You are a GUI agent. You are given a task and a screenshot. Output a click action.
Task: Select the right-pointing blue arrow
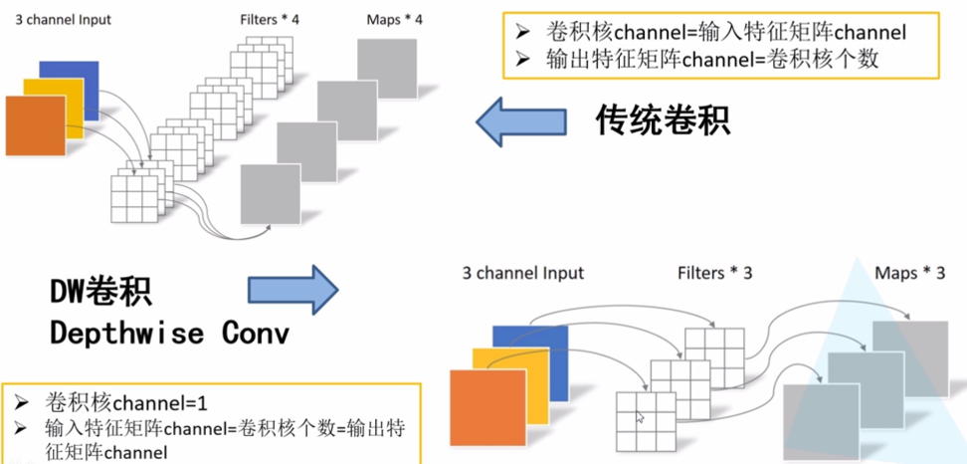click(x=292, y=291)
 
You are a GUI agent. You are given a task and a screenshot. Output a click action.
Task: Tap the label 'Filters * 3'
click(x=714, y=273)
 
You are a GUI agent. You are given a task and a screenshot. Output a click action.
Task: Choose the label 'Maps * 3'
click(x=909, y=273)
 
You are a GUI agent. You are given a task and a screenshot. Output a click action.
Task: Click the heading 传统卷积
click(x=663, y=121)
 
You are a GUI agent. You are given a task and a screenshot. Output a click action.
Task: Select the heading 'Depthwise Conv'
click(x=169, y=333)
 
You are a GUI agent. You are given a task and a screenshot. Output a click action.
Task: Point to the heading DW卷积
click(x=103, y=291)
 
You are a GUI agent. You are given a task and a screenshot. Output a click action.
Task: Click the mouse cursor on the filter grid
click(x=639, y=417)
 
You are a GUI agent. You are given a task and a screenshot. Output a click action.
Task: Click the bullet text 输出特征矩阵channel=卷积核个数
click(x=712, y=59)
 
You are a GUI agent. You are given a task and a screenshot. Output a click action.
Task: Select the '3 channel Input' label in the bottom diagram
click(x=522, y=273)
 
